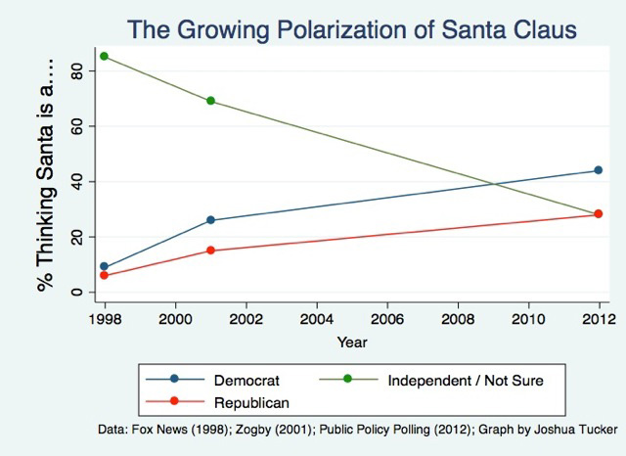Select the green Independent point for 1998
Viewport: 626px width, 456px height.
coord(104,56)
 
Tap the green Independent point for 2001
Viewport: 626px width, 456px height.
coord(210,101)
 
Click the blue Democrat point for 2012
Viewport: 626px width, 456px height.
coord(599,170)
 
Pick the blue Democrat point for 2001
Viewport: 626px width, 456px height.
coord(210,220)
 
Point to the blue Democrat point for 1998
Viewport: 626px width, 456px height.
coord(104,267)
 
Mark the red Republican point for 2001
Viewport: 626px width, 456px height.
coord(210,251)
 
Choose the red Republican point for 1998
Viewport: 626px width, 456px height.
coord(104,275)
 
